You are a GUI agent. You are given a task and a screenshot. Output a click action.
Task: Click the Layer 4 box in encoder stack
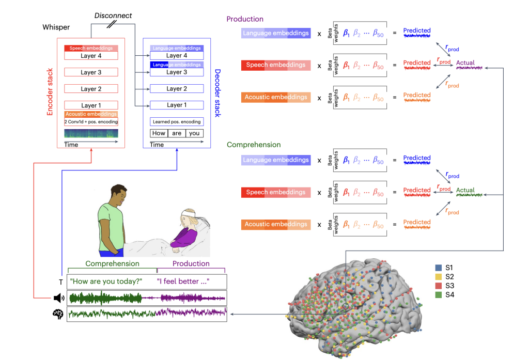[x=91, y=56]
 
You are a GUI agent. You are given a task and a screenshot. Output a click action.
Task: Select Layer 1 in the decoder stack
[x=177, y=105]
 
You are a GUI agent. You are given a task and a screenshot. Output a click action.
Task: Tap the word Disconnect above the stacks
[x=113, y=15]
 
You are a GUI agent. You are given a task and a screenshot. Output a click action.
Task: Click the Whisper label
[x=56, y=26]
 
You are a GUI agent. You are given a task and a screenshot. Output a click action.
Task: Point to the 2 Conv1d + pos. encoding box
[x=91, y=122]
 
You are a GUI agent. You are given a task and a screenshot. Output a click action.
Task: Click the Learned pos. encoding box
[x=177, y=122]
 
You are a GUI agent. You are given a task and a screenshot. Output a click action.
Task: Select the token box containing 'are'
[x=177, y=133]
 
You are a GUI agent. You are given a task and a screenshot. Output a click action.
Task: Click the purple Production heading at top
[x=245, y=19]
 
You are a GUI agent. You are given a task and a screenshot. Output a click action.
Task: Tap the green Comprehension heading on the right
[x=254, y=145]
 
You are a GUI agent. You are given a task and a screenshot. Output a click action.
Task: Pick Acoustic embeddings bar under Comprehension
[x=276, y=224]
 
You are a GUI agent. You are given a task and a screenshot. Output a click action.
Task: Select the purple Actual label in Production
[x=465, y=63]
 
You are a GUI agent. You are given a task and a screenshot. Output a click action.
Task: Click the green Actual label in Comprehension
[x=465, y=190]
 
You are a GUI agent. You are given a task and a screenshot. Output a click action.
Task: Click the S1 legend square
[x=439, y=268]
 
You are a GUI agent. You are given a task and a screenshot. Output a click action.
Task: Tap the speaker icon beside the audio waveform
[x=59, y=298]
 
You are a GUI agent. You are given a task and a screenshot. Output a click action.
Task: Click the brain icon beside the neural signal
[x=59, y=313]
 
